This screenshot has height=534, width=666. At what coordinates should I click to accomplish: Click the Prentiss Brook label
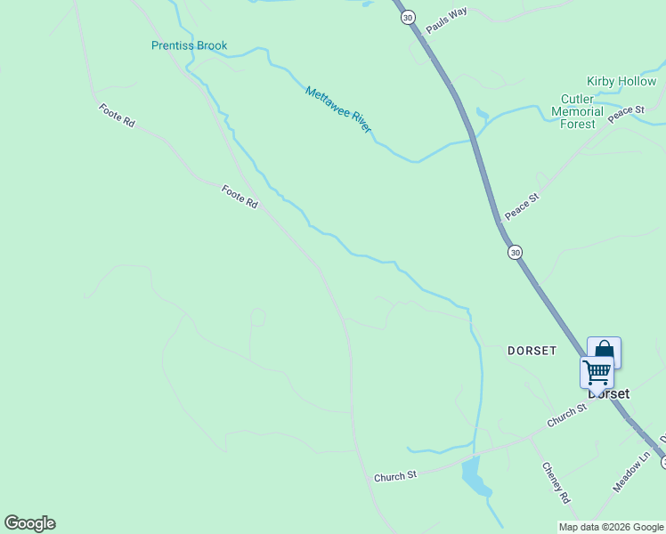coord(189,45)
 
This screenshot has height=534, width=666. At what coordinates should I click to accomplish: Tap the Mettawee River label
coord(337,109)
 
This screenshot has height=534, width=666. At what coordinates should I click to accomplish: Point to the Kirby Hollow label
coord(621,81)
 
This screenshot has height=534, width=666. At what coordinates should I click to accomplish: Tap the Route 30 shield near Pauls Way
coord(408,17)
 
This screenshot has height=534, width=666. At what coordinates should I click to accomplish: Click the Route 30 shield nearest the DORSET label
coord(516,252)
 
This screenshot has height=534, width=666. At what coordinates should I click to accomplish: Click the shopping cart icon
coord(597,371)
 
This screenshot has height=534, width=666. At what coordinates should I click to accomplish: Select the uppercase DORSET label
coord(532,351)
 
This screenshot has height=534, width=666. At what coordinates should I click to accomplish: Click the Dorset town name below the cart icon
coord(608,393)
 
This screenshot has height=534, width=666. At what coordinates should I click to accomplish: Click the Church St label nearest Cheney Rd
coord(568,415)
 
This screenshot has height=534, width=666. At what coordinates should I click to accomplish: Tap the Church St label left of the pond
coord(395,476)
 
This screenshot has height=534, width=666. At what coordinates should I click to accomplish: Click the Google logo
coord(29,523)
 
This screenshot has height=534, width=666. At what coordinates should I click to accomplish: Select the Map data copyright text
coord(611,527)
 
